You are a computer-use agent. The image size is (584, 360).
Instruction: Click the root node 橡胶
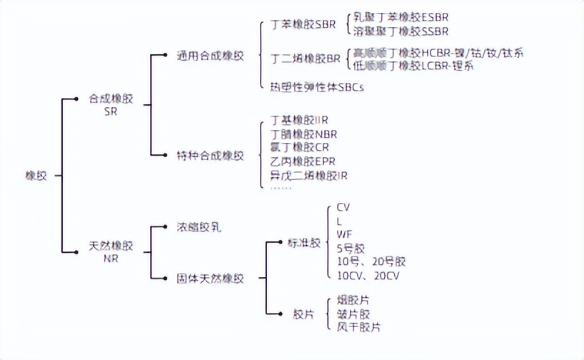coord(36,175)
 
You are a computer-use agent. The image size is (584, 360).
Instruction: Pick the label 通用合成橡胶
coord(210,56)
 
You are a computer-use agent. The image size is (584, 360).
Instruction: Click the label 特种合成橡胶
coord(210,155)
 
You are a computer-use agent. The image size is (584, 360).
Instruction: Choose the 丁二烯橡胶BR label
coord(306,59)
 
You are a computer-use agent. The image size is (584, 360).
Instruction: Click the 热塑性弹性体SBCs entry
coord(317,87)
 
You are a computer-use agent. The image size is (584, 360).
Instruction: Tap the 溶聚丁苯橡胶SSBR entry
coord(401,31)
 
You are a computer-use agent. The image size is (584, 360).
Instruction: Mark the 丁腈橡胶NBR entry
coord(303,134)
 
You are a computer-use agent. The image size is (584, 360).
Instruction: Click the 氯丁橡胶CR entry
coord(299,147)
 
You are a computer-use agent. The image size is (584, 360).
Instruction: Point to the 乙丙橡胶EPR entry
coord(303,161)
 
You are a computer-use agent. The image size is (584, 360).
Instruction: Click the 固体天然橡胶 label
coord(210,279)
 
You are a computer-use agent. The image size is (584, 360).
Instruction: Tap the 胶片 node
coord(303,314)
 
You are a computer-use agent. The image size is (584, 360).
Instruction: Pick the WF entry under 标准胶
coord(343,234)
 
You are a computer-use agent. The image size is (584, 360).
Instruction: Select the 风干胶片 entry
coord(358,326)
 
